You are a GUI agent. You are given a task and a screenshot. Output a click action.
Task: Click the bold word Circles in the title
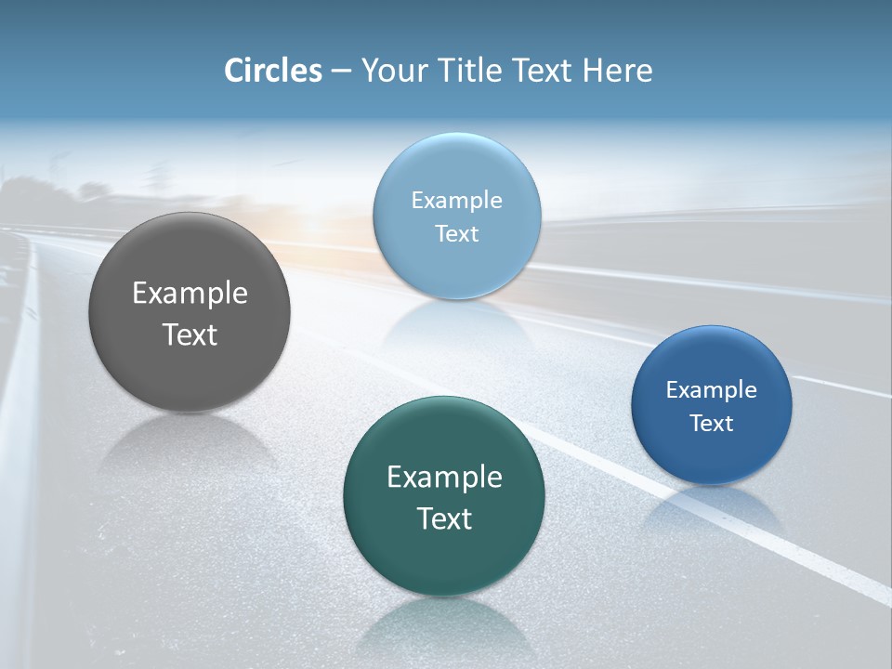click(272, 71)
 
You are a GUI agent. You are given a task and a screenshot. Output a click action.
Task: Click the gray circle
click(190, 372)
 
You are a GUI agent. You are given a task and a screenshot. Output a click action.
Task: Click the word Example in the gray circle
click(190, 294)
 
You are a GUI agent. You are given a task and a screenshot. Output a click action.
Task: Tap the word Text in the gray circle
click(190, 334)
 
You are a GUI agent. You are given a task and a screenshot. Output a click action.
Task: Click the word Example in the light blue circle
click(456, 201)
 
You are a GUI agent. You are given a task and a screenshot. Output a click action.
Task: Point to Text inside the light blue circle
click(456, 234)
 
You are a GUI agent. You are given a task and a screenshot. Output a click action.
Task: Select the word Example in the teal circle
click(444, 478)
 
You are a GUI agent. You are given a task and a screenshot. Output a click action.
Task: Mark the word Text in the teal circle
click(444, 518)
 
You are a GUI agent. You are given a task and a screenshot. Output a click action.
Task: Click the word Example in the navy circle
click(712, 390)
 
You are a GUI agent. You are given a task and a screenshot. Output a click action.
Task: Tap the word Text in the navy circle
click(712, 424)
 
